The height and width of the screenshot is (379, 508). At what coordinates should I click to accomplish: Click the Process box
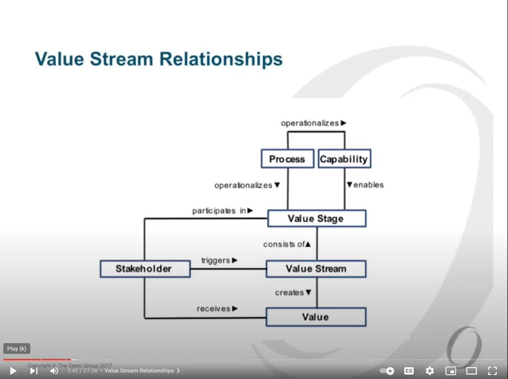tap(287, 159)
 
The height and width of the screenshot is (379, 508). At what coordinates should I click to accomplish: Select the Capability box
tap(344, 159)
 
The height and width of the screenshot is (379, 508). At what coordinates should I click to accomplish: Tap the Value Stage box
tap(316, 219)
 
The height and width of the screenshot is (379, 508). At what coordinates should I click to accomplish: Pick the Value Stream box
tap(316, 269)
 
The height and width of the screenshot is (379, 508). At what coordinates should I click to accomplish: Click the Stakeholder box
tap(144, 269)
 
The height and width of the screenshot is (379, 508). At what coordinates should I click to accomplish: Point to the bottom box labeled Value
tap(316, 317)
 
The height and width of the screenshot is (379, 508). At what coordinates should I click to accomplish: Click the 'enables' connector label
tap(365, 185)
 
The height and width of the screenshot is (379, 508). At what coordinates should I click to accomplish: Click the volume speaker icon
tap(54, 371)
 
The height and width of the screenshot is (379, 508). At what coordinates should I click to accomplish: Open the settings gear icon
tap(430, 371)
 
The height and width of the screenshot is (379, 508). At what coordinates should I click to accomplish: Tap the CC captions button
tap(409, 371)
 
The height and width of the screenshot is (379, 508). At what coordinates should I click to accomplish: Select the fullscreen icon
tap(492, 371)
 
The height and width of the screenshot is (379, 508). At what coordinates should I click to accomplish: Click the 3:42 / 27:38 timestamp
tap(82, 371)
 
